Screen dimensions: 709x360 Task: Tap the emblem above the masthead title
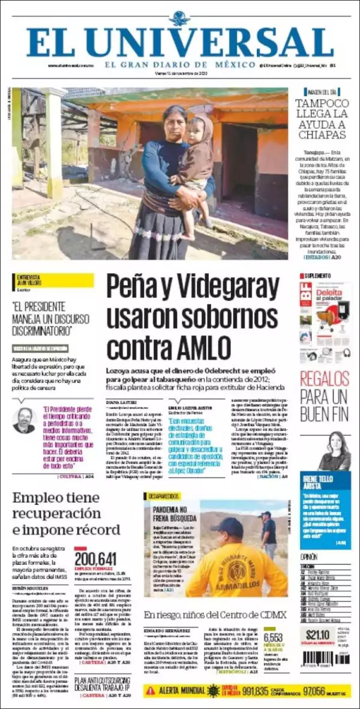click(x=180, y=19)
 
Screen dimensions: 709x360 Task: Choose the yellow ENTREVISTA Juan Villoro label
click(x=53, y=280)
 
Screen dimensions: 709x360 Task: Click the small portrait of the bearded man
click(x=24, y=420)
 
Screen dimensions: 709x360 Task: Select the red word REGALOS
click(x=324, y=379)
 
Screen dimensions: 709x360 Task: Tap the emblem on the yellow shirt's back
click(x=237, y=571)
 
